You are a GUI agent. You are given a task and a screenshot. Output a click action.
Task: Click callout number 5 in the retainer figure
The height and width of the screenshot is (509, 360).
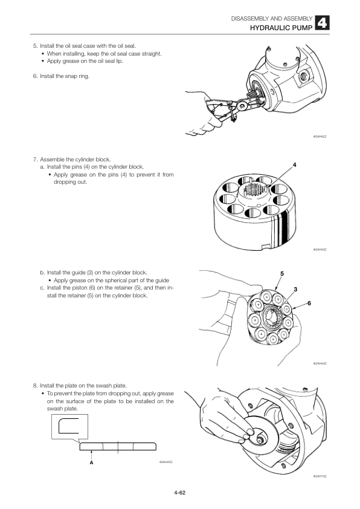[x=281, y=274]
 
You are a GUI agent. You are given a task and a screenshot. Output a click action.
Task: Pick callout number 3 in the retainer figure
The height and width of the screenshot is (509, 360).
[x=295, y=290]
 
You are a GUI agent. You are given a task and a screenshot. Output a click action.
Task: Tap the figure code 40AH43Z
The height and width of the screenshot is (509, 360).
[x=320, y=249]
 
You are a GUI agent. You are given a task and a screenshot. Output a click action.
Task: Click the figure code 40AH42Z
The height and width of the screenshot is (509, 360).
[x=320, y=136]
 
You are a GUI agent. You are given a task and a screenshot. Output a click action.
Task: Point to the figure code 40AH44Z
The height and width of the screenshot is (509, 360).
[x=320, y=363]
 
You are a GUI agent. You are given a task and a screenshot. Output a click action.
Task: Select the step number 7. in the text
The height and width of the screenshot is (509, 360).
[x=36, y=160]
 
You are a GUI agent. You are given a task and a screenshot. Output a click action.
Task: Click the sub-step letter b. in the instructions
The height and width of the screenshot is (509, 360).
[x=42, y=272]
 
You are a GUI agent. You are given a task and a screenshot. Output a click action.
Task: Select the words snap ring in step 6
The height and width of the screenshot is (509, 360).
[x=77, y=76]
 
